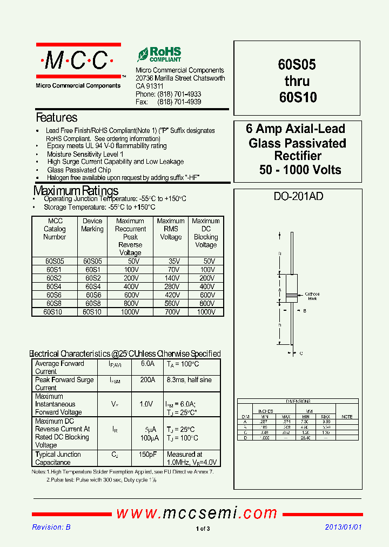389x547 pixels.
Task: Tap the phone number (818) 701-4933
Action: [179, 94]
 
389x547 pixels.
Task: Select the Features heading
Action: [56, 117]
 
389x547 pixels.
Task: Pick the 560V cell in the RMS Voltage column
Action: [171, 304]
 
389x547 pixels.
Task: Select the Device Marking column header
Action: [92, 225]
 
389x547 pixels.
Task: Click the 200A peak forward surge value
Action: [147, 380]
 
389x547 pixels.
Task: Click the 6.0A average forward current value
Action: [147, 364]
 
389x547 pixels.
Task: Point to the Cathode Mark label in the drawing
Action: [312, 296]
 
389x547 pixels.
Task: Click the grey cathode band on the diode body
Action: [291, 295]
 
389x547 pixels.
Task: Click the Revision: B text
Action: [51, 527]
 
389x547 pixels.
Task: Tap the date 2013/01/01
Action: [343, 527]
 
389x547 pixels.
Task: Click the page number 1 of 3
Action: [203, 529]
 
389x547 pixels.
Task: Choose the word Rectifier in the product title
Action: [298, 156]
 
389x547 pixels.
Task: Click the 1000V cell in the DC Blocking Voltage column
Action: [206, 312]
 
